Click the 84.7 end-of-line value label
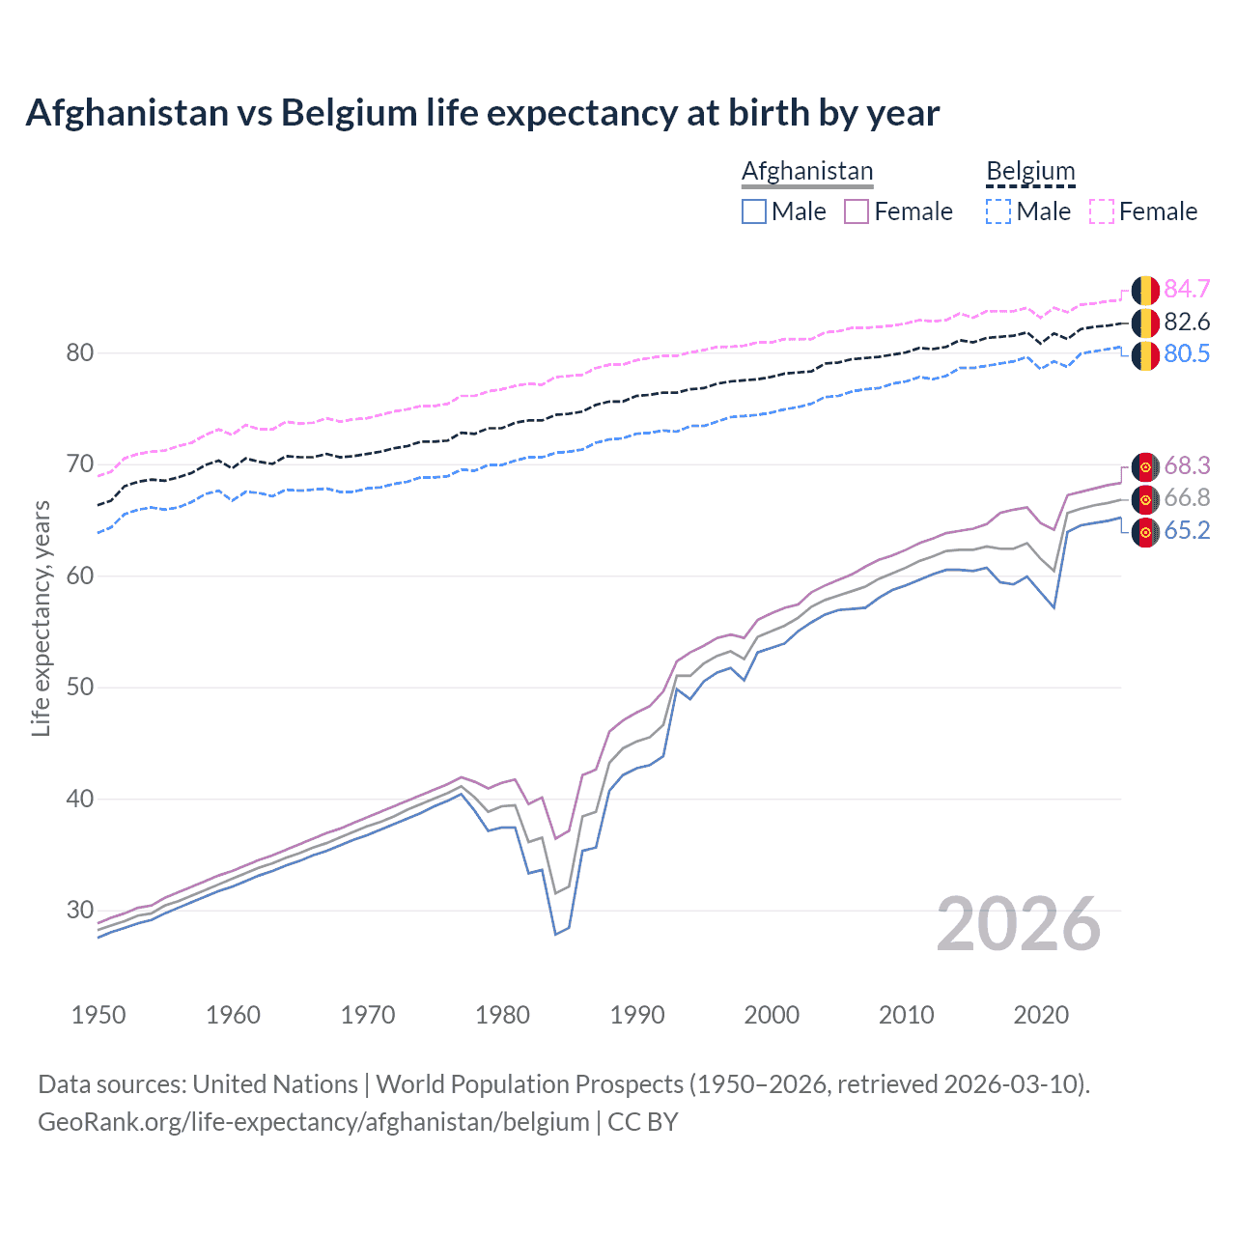tap(1187, 289)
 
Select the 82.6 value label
tap(1187, 322)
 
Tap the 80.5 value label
tap(1187, 353)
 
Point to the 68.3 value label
tap(1187, 465)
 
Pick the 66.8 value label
tap(1187, 497)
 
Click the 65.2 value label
tap(1187, 530)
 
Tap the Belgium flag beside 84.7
tap(1145, 290)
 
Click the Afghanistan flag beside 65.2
tap(1145, 531)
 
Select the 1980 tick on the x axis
tap(502, 1015)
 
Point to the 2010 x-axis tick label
tap(906, 1015)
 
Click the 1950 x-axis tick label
tap(98, 1015)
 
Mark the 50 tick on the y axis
tap(80, 688)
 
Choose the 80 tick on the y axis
tap(80, 353)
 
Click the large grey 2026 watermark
tap(1019, 924)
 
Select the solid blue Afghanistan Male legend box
tap(754, 211)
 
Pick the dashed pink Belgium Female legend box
tap(1102, 211)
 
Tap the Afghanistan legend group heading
tap(807, 171)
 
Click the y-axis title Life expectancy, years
tap(41, 618)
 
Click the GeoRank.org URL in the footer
tap(314, 1121)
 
